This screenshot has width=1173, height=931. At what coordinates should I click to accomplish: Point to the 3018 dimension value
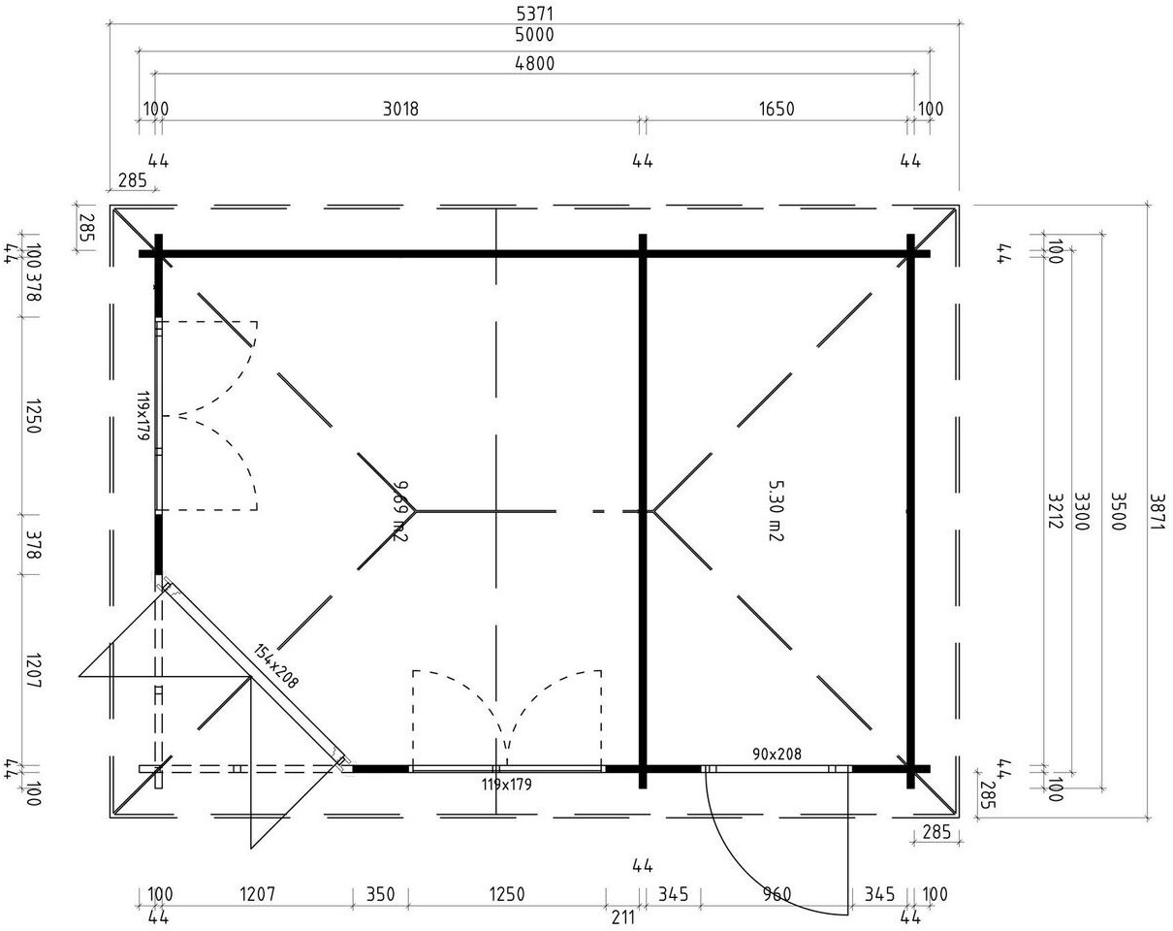(x=399, y=109)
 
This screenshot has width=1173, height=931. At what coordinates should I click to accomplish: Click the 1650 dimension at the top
(x=776, y=109)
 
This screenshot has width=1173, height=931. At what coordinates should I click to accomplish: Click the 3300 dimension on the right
(x=1084, y=508)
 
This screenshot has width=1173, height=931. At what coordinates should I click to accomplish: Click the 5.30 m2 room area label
(x=774, y=510)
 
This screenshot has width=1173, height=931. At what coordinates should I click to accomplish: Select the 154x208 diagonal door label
(x=277, y=666)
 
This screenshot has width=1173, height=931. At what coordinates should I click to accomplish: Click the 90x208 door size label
(x=777, y=754)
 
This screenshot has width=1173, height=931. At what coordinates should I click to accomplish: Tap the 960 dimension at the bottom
(x=777, y=894)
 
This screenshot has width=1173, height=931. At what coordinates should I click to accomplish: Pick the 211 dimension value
(x=623, y=916)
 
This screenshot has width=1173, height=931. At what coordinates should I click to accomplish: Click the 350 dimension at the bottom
(x=379, y=894)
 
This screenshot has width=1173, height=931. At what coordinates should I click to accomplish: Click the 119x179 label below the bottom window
(x=506, y=784)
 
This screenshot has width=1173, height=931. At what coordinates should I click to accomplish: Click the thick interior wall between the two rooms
(x=642, y=388)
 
